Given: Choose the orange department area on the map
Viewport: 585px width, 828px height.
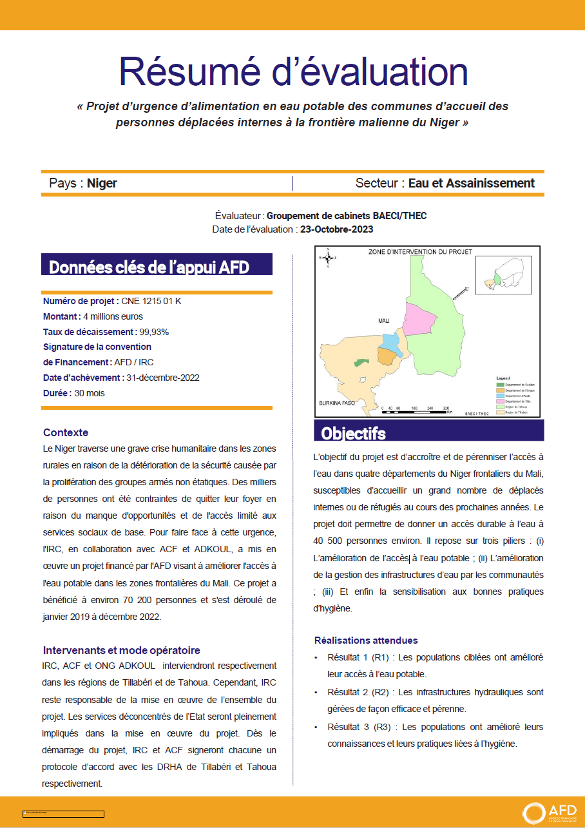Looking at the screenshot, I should [386, 356].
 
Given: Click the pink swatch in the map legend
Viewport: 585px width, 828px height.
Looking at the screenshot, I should [499, 400].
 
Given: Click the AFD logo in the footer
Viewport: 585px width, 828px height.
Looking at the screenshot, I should [544, 812].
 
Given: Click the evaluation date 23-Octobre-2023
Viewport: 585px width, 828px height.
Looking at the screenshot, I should [336, 229].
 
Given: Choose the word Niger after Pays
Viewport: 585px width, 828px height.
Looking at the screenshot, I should [102, 183].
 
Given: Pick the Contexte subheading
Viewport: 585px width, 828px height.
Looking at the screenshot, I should [66, 432].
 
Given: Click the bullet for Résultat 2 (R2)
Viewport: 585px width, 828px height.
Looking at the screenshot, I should [316, 692].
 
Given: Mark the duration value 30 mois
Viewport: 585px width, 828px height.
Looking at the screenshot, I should [90, 393].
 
